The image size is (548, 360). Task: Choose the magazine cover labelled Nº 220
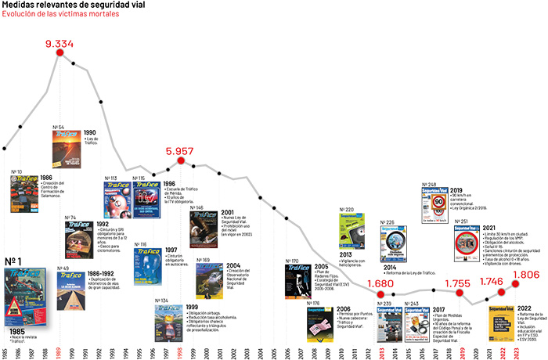[x=352, y=231]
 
